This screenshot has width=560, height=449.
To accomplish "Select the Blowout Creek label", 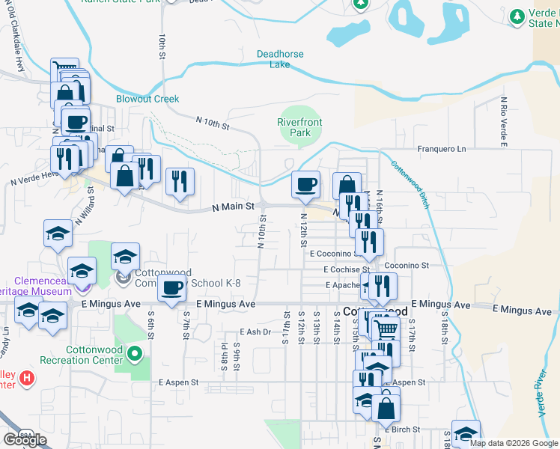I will [x=147, y=99].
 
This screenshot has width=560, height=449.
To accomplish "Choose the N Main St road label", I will [x=234, y=207].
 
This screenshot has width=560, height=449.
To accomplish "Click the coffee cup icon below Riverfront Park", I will [x=305, y=185].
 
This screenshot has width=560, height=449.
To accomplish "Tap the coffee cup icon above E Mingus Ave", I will [x=171, y=287].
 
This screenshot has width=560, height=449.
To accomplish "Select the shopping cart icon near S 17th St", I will [x=386, y=329].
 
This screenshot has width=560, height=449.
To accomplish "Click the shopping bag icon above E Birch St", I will [x=386, y=408].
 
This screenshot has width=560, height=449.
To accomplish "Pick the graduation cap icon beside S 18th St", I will [x=466, y=433].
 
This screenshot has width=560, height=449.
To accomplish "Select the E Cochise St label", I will [x=347, y=269].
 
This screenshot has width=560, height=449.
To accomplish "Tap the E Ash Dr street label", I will [x=255, y=332].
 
